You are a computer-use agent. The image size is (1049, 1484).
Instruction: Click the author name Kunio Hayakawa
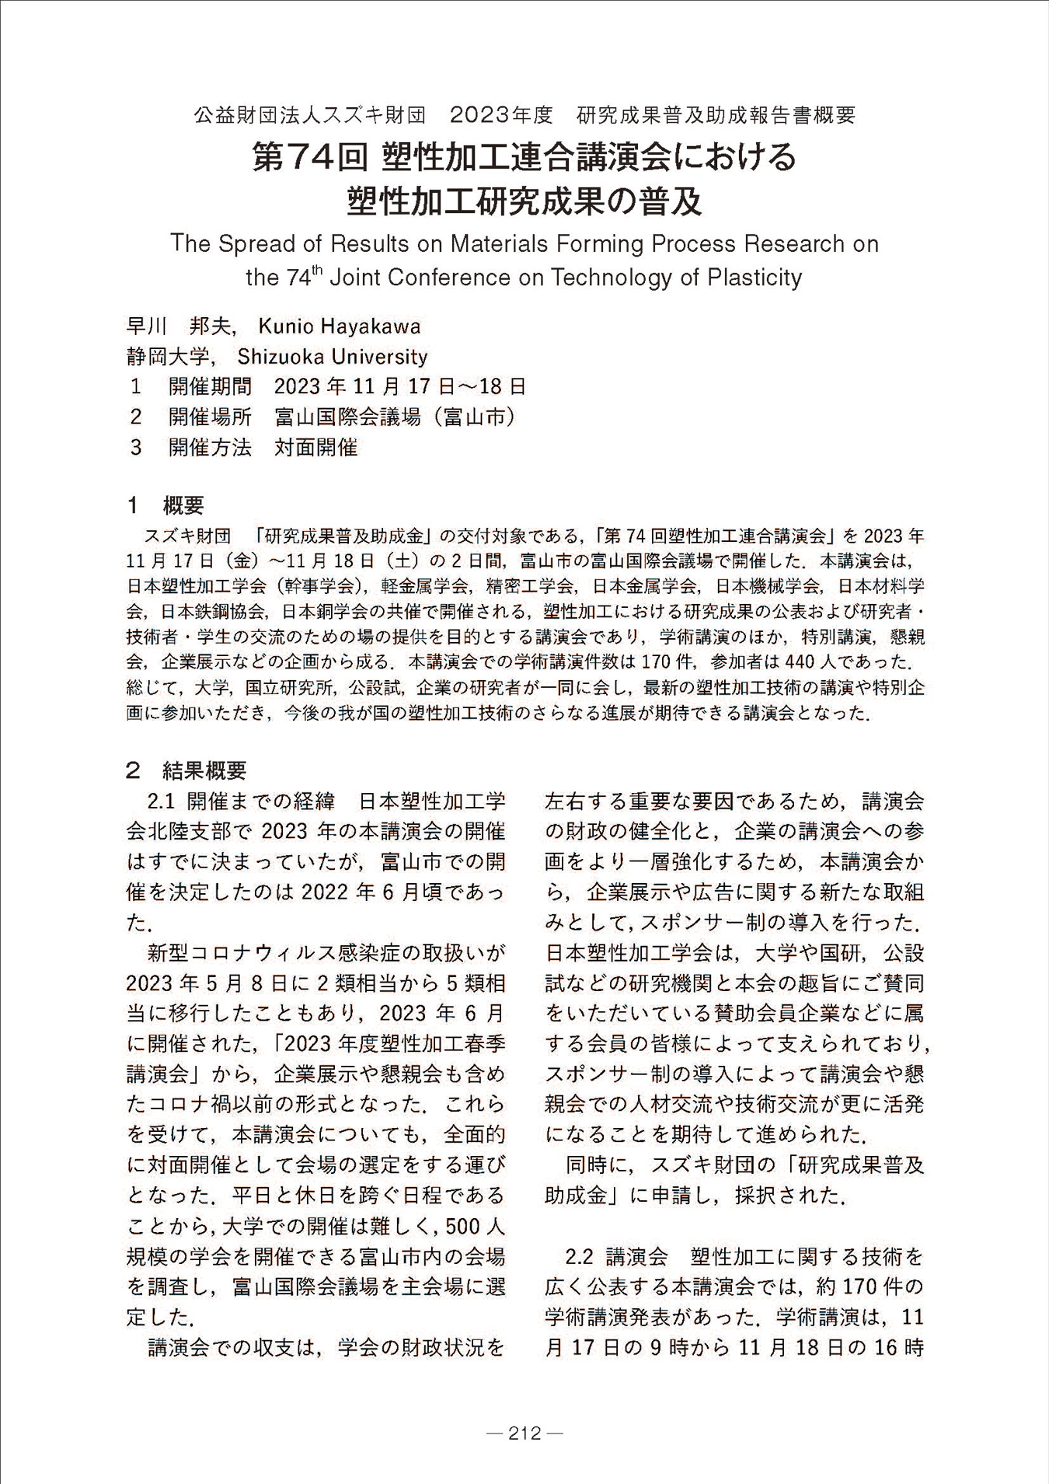coord(339,326)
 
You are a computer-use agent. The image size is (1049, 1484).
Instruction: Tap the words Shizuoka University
coord(332,357)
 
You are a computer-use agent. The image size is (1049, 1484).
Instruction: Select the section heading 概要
coord(183,505)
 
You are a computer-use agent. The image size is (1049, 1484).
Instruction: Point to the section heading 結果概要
coord(204,770)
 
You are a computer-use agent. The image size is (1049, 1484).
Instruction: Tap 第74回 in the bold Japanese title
coord(309,157)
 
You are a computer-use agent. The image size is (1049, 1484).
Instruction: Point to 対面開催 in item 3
coord(315,448)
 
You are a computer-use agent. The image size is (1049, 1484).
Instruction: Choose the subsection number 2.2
coord(580,1256)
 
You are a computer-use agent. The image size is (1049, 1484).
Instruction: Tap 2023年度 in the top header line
coord(501,116)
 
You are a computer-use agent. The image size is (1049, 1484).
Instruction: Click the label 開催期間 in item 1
coord(210,387)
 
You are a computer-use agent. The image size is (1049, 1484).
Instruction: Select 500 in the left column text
coord(464,1227)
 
